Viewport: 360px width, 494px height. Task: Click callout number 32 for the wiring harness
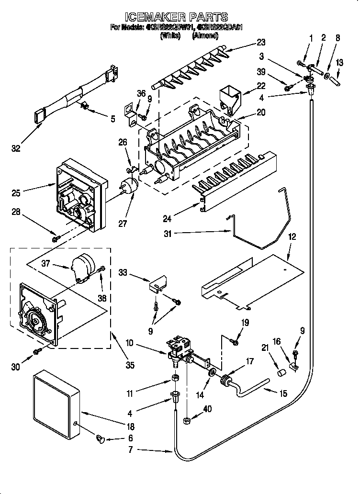click(x=16, y=149)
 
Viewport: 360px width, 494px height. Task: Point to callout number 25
click(x=16, y=193)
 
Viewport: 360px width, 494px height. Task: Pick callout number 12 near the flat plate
click(x=292, y=236)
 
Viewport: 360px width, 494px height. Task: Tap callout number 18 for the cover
click(x=130, y=426)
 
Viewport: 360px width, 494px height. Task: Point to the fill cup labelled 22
click(x=230, y=99)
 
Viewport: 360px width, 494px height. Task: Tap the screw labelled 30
click(x=37, y=352)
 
